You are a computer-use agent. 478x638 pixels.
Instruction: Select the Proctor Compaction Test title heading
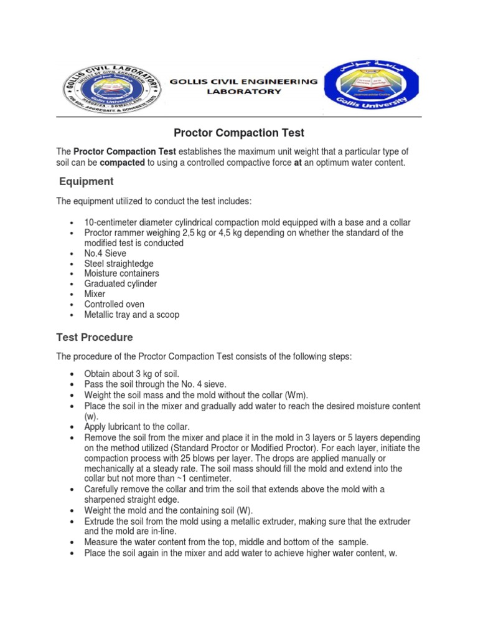click(238, 133)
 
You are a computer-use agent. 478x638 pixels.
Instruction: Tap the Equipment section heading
click(86, 181)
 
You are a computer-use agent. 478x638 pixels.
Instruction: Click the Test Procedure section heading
click(95, 337)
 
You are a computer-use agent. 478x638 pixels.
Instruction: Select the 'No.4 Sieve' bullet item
click(105, 254)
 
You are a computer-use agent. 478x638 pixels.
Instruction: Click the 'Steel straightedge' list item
click(119, 264)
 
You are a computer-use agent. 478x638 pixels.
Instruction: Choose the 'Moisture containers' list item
click(121, 274)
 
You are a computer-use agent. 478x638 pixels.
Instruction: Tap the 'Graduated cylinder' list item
click(121, 283)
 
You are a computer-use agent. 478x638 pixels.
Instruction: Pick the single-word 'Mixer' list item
click(95, 294)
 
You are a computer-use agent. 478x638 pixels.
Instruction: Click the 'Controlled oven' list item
click(115, 304)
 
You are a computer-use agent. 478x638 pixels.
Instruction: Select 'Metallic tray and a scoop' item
click(132, 315)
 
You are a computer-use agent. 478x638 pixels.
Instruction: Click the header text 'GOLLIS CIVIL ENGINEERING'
click(244, 82)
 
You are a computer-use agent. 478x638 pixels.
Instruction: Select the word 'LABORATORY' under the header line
click(244, 92)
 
